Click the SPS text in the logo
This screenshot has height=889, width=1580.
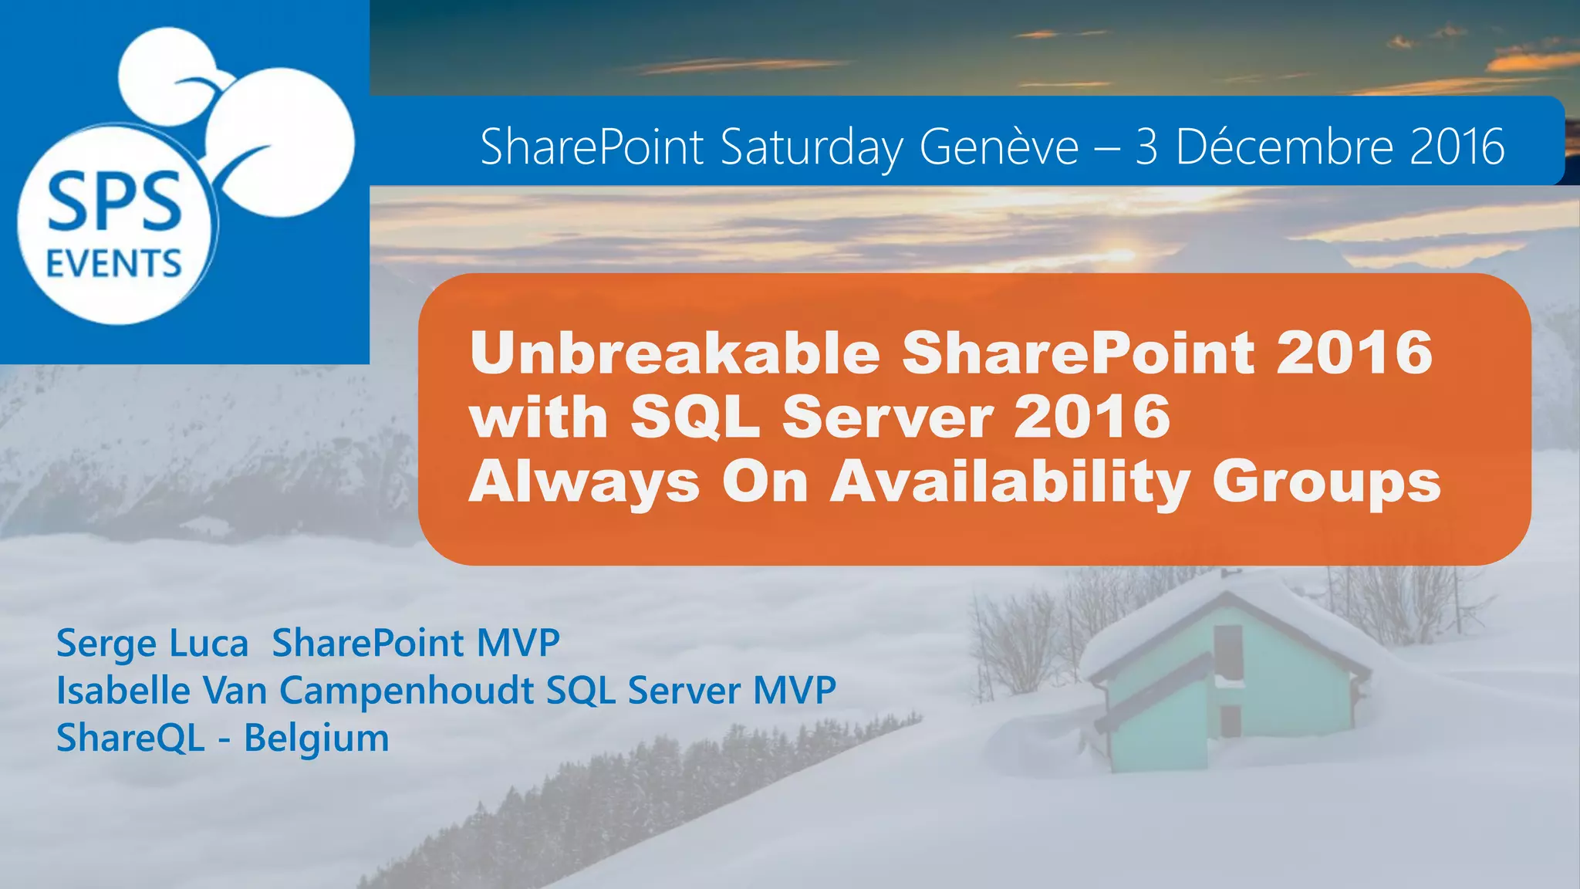click(x=114, y=202)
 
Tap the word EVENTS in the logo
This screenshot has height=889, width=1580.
click(x=114, y=264)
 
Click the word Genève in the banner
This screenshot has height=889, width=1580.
click(x=999, y=147)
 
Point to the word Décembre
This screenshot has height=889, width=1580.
click(x=1285, y=147)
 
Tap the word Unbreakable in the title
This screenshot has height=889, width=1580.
click(x=675, y=353)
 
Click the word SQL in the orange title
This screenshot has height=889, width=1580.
click(x=694, y=417)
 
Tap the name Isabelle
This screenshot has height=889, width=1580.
click(x=123, y=690)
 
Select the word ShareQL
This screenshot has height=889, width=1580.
click(x=130, y=738)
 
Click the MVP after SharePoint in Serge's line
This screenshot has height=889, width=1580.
click(x=518, y=643)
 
